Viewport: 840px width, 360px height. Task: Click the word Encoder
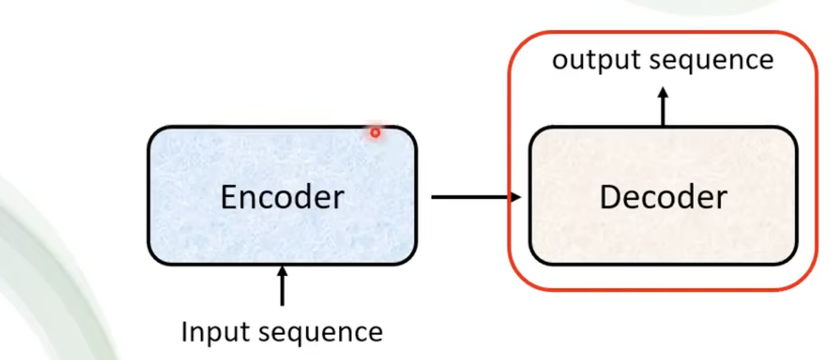(282, 197)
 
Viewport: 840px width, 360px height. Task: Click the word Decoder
(663, 197)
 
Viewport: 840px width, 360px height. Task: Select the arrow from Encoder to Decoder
(476, 197)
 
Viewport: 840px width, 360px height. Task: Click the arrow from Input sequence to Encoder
(282, 286)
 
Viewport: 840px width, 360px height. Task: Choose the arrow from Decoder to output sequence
(663, 107)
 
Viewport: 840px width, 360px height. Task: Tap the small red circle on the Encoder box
(376, 132)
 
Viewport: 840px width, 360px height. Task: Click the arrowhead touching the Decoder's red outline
(516, 197)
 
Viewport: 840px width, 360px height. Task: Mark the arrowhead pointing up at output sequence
(663, 92)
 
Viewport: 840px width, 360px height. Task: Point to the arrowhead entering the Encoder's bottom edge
(282, 271)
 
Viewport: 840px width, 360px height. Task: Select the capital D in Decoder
(610, 197)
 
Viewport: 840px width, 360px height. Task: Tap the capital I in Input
(184, 332)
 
